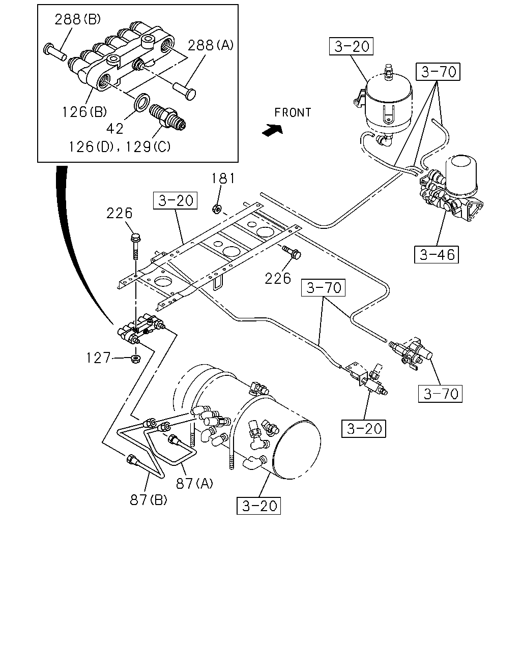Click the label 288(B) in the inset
(77, 20)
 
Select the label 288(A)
(211, 45)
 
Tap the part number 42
(115, 129)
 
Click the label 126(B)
(84, 112)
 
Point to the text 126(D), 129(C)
(120, 147)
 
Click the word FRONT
(293, 112)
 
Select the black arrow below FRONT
(273, 130)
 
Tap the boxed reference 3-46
(436, 254)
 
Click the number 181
(223, 179)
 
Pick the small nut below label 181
(217, 209)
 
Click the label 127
(98, 358)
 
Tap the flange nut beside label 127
(135, 359)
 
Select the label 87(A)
(194, 483)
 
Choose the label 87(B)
(149, 500)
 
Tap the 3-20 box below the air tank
(258, 506)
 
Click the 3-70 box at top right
(438, 72)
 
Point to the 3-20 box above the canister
(351, 46)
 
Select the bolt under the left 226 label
(135, 247)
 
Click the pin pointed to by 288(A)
(185, 91)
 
